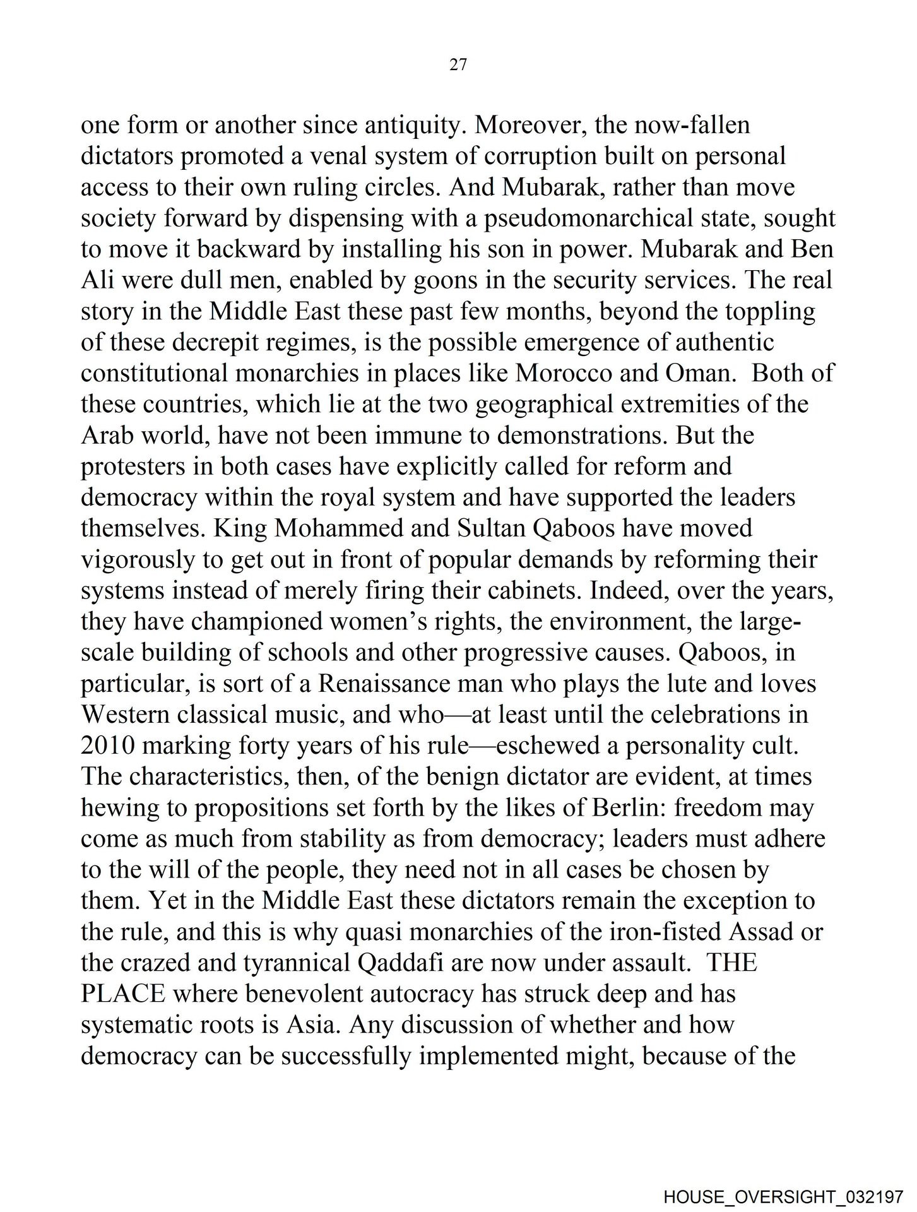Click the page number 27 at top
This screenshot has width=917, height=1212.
coord(458,64)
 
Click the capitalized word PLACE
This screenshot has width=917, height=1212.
coord(123,994)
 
